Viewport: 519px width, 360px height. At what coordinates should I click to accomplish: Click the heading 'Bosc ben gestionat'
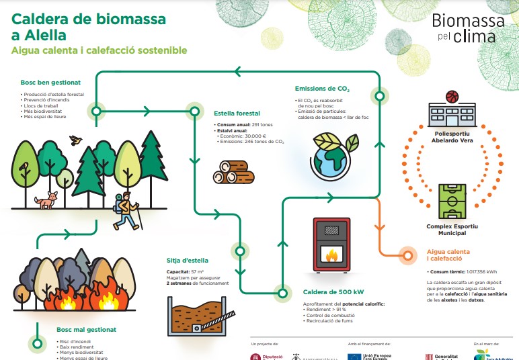50,82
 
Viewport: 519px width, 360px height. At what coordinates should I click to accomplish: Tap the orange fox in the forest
47,199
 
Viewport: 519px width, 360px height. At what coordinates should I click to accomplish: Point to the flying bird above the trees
76,140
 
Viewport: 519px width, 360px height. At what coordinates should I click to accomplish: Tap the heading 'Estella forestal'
237,114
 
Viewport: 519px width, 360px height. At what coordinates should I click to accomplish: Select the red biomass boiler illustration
332,245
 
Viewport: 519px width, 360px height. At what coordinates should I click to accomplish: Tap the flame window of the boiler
332,255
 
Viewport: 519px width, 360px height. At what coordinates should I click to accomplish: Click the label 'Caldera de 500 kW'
333,292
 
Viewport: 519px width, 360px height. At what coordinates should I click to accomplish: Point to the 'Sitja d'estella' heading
188,260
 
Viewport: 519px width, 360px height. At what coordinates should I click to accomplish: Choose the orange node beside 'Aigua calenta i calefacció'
406,255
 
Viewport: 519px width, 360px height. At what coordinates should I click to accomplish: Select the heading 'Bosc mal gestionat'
87,330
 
